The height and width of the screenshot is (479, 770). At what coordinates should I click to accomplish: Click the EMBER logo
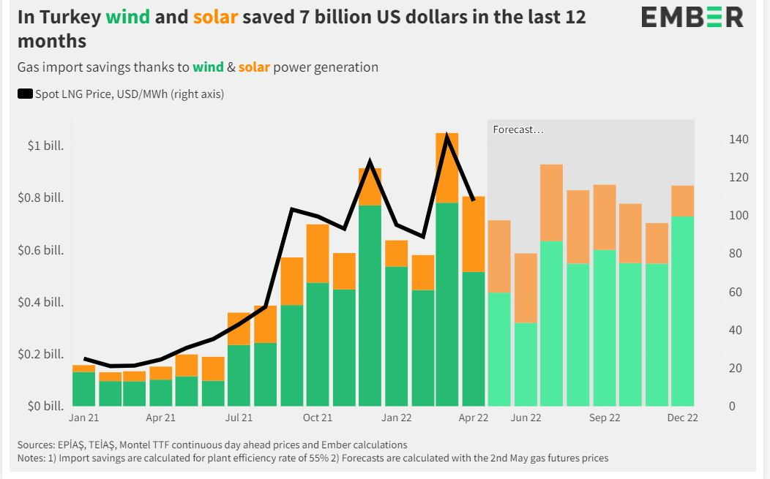(x=692, y=18)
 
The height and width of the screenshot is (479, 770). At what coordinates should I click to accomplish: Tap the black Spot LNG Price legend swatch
(x=25, y=94)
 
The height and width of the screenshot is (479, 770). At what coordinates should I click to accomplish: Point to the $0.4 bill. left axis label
(x=41, y=302)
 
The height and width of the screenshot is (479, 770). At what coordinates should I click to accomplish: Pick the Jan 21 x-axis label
(x=83, y=418)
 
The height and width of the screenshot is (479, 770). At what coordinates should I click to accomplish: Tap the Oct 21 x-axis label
(x=317, y=418)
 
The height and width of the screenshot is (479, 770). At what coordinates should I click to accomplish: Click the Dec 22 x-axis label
(x=682, y=418)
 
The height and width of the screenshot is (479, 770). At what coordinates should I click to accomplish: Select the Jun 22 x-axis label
(x=526, y=418)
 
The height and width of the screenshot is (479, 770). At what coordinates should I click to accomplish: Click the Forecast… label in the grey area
(x=518, y=130)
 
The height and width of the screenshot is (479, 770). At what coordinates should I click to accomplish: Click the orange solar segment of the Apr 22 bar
(x=474, y=234)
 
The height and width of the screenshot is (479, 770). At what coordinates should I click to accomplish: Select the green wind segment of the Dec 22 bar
(x=683, y=311)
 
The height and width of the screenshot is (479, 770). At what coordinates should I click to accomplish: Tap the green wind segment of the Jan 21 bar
(x=83, y=389)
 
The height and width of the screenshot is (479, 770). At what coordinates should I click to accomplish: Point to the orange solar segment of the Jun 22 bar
(x=526, y=288)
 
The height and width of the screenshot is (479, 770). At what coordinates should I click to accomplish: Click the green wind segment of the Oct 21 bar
(x=317, y=344)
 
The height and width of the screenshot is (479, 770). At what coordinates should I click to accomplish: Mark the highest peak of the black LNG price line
(x=447, y=135)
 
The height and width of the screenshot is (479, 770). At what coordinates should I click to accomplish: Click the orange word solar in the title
(x=215, y=17)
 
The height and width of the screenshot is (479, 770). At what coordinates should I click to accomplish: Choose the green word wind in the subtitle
(x=207, y=67)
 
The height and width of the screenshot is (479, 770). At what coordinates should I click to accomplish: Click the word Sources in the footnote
(x=34, y=445)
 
